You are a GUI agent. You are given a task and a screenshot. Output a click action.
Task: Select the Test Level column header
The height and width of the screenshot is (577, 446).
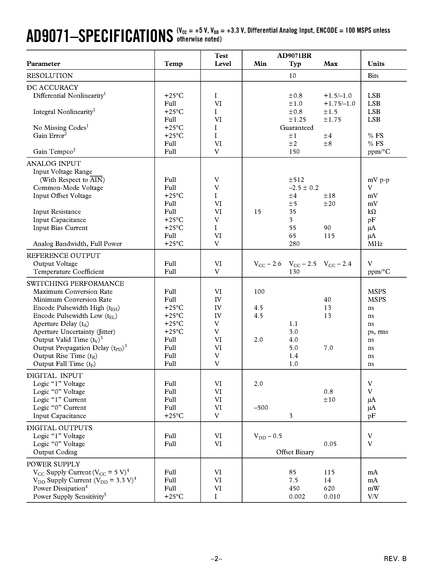click(222, 60)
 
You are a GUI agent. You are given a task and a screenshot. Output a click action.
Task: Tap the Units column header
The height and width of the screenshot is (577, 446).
click(376, 64)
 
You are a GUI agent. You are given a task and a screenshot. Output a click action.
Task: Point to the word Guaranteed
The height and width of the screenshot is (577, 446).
click(296, 128)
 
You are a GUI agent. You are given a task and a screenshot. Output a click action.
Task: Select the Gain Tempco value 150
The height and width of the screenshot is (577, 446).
click(294, 152)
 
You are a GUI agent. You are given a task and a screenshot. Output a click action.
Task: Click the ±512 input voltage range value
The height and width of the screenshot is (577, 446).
click(296, 180)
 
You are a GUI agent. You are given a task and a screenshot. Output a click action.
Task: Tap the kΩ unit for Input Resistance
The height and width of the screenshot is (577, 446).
click(372, 212)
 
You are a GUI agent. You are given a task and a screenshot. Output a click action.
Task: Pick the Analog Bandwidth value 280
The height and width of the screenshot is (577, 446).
click(294, 244)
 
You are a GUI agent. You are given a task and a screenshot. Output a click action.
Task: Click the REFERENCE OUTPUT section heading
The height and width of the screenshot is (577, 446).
click(63, 256)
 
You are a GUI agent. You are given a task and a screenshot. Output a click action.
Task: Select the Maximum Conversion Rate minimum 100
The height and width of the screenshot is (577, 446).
click(259, 292)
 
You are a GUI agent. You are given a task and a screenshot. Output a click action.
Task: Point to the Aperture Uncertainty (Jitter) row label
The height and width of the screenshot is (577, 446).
click(74, 332)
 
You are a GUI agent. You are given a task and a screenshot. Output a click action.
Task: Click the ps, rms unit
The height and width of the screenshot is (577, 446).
click(378, 332)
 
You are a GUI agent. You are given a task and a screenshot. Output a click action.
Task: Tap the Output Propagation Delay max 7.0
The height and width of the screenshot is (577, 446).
click(328, 348)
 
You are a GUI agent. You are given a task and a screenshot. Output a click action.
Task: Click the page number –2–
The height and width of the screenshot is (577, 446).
click(216, 559)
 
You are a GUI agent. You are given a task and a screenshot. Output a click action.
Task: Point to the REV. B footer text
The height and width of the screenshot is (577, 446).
click(395, 559)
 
